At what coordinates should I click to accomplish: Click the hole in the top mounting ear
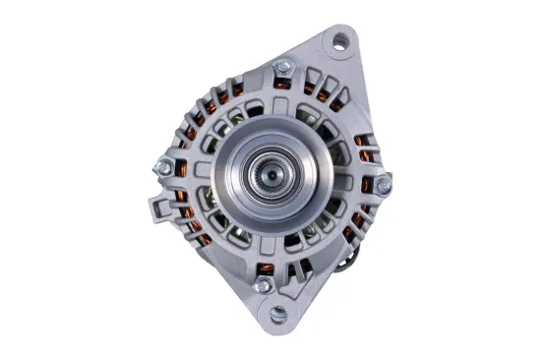pos(340,40)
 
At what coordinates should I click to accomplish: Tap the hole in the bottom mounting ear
pos(277,314)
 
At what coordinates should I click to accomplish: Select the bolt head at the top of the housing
pos(283,66)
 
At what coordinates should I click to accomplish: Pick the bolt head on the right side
pos(385,182)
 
